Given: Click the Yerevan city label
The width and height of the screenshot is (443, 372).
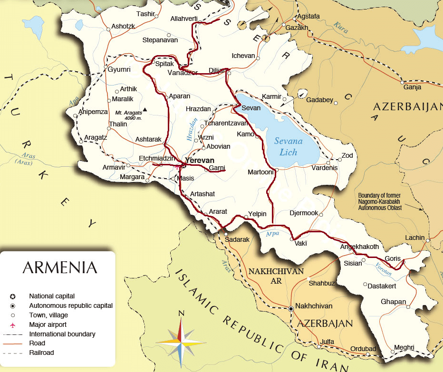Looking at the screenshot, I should pyautogui.click(x=200, y=160).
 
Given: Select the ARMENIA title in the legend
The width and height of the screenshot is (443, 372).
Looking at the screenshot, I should pyautogui.click(x=59, y=267).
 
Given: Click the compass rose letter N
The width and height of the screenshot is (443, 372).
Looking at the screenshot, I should pyautogui.click(x=181, y=313).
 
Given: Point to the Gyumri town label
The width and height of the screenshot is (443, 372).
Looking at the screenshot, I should pyautogui.click(x=119, y=69).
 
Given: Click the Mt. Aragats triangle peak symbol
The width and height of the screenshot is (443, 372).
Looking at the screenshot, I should pyautogui.click(x=145, y=110).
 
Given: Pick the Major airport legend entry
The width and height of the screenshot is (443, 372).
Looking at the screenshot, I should pyautogui.click(x=48, y=324).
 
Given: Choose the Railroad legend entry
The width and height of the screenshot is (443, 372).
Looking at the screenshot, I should pyautogui.click(x=41, y=353).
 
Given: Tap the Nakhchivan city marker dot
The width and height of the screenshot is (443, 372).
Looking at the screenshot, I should pyautogui.click(x=290, y=309).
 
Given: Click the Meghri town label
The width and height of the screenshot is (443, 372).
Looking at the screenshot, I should pyautogui.click(x=404, y=347).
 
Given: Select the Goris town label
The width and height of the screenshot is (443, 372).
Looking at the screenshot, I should pyautogui.click(x=393, y=258).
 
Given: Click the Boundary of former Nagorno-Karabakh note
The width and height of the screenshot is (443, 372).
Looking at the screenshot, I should pyautogui.click(x=380, y=201).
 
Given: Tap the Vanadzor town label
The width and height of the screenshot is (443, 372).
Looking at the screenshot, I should pyautogui.click(x=183, y=72).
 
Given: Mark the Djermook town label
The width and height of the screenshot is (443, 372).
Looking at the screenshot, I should pyautogui.click(x=304, y=213).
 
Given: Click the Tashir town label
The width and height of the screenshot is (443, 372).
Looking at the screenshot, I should pyautogui.click(x=146, y=14).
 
